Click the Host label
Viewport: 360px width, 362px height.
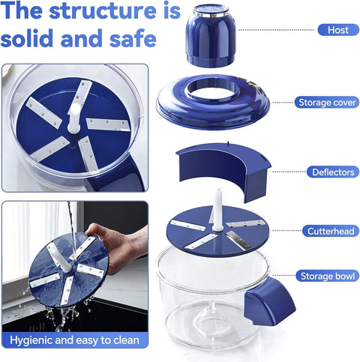click(x=333, y=30)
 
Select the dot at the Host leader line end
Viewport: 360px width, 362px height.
click(x=241, y=30)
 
